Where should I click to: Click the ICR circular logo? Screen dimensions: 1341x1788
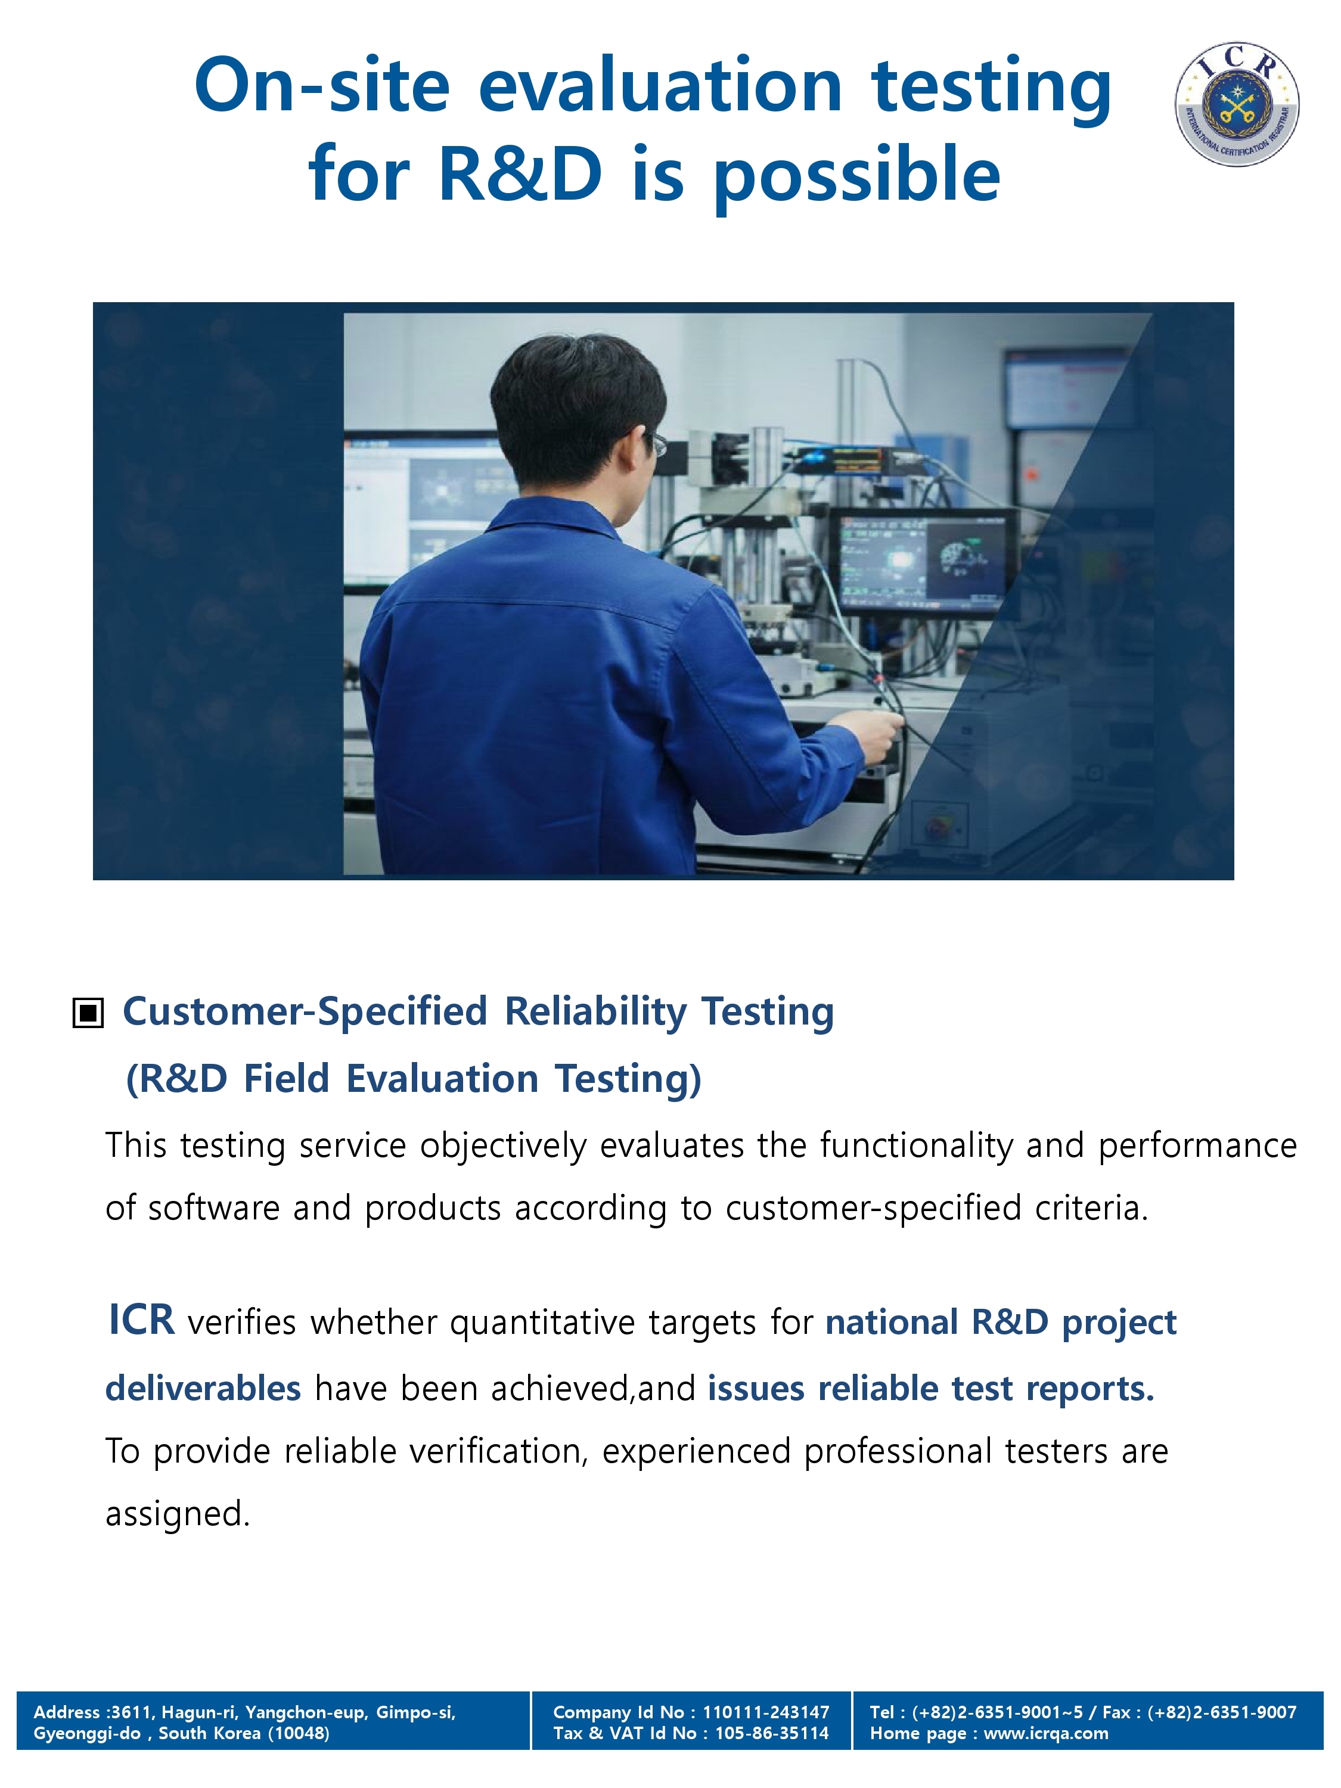[x=1237, y=104]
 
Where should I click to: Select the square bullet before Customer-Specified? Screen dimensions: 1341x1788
[x=88, y=1012]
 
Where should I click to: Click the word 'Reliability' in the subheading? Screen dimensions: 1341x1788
[x=596, y=1012]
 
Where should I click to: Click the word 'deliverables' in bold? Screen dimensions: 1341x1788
[x=203, y=1388]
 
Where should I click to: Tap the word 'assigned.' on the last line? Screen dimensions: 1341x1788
[x=178, y=1514]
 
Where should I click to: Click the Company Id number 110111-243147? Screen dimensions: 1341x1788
[x=765, y=1712]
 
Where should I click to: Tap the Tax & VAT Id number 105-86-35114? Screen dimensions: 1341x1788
[x=771, y=1733]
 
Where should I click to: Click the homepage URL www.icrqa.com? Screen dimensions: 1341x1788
[x=1045, y=1733]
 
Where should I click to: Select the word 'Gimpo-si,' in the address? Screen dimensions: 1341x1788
[x=415, y=1713]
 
